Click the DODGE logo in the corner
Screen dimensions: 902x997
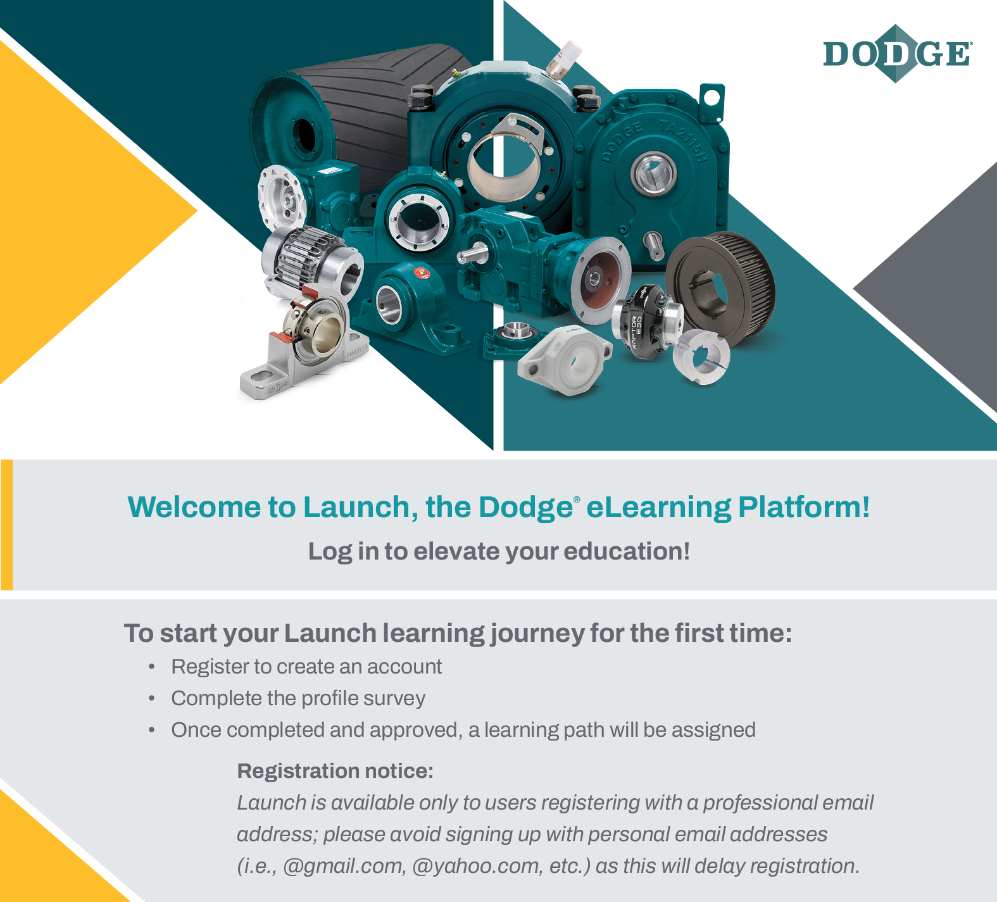coord(898,54)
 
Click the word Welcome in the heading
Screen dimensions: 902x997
coord(194,507)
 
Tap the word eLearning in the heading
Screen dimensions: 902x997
coord(658,507)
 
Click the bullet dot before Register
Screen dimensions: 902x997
coord(152,667)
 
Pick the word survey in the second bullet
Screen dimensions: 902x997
coord(394,698)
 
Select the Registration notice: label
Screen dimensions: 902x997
coord(335,771)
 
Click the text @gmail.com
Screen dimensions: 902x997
coord(344,866)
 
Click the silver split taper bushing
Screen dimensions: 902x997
coord(701,356)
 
